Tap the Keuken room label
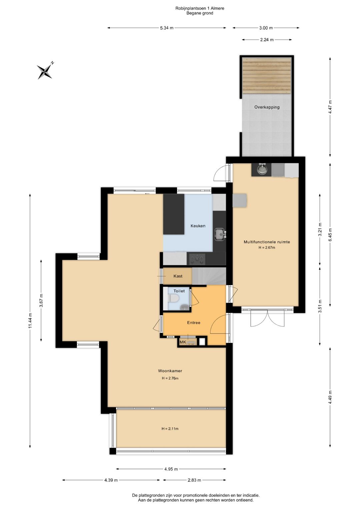198,226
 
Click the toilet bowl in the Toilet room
174,298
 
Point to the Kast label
178,276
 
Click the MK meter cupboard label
183,342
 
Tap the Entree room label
194,323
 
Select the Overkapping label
267,107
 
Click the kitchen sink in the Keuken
220,235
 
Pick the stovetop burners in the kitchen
196,259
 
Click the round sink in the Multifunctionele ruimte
262,170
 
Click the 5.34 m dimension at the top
167,28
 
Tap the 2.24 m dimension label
267,40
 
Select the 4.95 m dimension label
171,469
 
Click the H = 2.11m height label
170,429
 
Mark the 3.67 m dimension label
41,300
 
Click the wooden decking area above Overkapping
267,76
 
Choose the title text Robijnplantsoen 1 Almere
200,8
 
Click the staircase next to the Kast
209,276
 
